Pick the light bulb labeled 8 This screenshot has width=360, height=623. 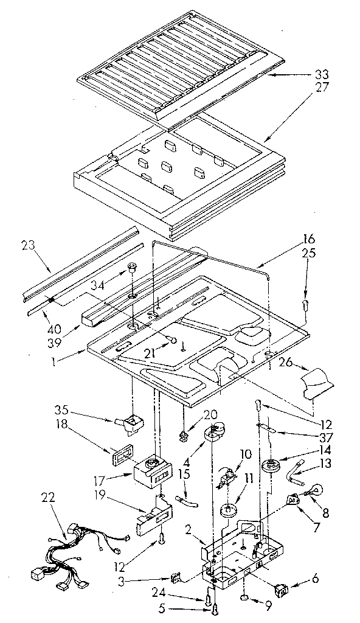pos(316,489)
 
